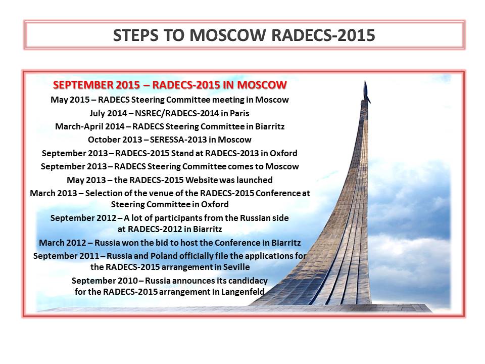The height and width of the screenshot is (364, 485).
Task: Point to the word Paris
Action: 239,113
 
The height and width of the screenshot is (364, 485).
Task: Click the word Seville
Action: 236,266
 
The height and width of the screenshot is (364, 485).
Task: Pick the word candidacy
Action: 245,281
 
